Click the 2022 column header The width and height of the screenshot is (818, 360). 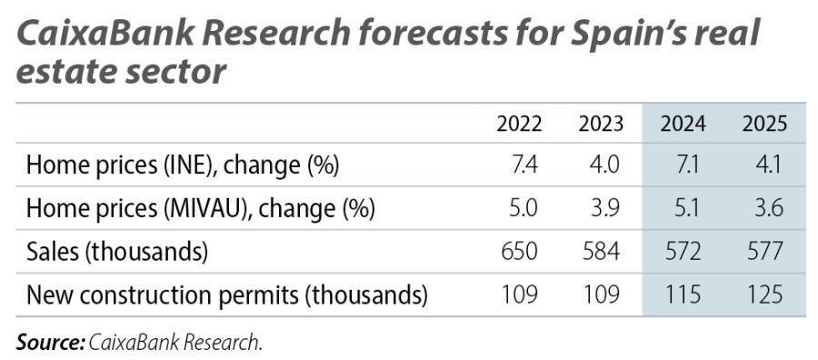click(519, 124)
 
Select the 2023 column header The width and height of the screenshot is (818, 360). click(601, 124)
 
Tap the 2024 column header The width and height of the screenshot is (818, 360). click(683, 124)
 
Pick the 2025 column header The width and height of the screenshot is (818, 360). click(763, 124)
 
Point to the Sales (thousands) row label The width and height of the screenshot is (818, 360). click(117, 251)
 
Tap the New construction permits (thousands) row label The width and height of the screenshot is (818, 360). click(226, 295)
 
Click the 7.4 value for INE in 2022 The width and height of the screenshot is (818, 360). click(525, 165)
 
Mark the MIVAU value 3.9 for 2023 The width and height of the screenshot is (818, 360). click(606, 208)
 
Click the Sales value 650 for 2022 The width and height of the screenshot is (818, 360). click(521, 251)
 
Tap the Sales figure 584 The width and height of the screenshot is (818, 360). click(602, 251)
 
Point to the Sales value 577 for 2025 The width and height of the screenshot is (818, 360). click(764, 251)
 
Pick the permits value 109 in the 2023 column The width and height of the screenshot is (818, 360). click(602, 295)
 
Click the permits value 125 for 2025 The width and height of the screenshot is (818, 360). click(764, 295)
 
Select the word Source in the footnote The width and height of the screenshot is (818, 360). click(49, 343)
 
